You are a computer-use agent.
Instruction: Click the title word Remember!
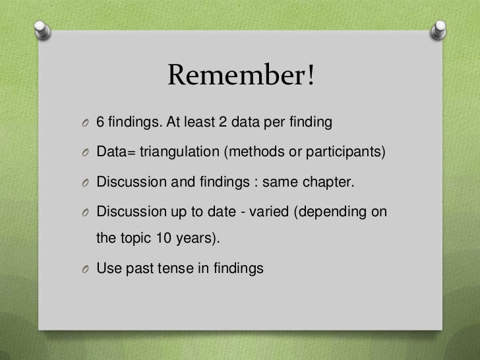point(242,76)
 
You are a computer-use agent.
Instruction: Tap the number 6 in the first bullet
point(101,123)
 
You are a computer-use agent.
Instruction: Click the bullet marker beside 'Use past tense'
point(84,269)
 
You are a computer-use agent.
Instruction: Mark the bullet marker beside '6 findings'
point(84,123)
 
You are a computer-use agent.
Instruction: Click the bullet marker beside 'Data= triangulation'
point(84,153)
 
